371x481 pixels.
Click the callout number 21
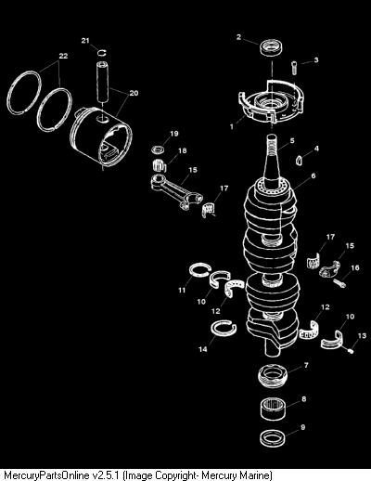tap(85, 41)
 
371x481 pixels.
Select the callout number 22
tap(63, 56)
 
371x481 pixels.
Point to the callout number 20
tap(134, 93)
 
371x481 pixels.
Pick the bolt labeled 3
tap(294, 68)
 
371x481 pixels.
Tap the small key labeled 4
tap(299, 160)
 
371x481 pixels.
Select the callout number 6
tap(313, 175)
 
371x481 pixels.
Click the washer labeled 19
tap(158, 149)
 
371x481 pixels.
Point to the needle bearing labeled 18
tap(159, 164)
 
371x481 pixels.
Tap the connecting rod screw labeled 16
tap(339, 283)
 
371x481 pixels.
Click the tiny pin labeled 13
tap(351, 350)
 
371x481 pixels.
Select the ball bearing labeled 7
tap(273, 375)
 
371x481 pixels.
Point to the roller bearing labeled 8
tap(273, 409)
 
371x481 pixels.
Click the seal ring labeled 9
tap(273, 438)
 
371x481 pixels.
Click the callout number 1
tap(232, 126)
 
